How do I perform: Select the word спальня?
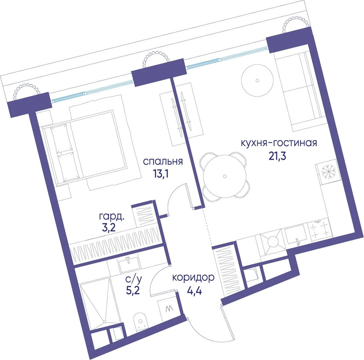click(163, 162)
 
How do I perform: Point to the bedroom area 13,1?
click(161, 174)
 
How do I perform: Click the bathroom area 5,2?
click(133, 291)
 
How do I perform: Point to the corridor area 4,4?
click(195, 291)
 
